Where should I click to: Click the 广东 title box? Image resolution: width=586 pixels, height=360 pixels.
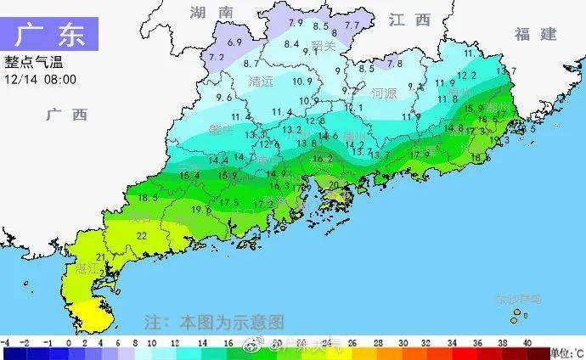[50, 36]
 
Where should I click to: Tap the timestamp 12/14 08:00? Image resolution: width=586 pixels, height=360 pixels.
[41, 79]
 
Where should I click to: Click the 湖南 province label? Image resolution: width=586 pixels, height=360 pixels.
[211, 13]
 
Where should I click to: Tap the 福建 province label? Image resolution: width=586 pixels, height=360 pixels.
[535, 34]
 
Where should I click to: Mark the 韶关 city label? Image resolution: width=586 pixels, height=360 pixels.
[324, 45]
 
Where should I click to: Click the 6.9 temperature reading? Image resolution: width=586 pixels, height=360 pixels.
[235, 42]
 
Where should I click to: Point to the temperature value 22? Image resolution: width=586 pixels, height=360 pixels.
[142, 235]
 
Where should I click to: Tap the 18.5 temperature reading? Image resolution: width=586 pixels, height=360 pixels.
[148, 197]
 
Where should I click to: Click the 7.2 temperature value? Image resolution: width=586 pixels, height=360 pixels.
[217, 57]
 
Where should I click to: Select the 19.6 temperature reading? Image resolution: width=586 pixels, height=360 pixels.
[201, 210]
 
